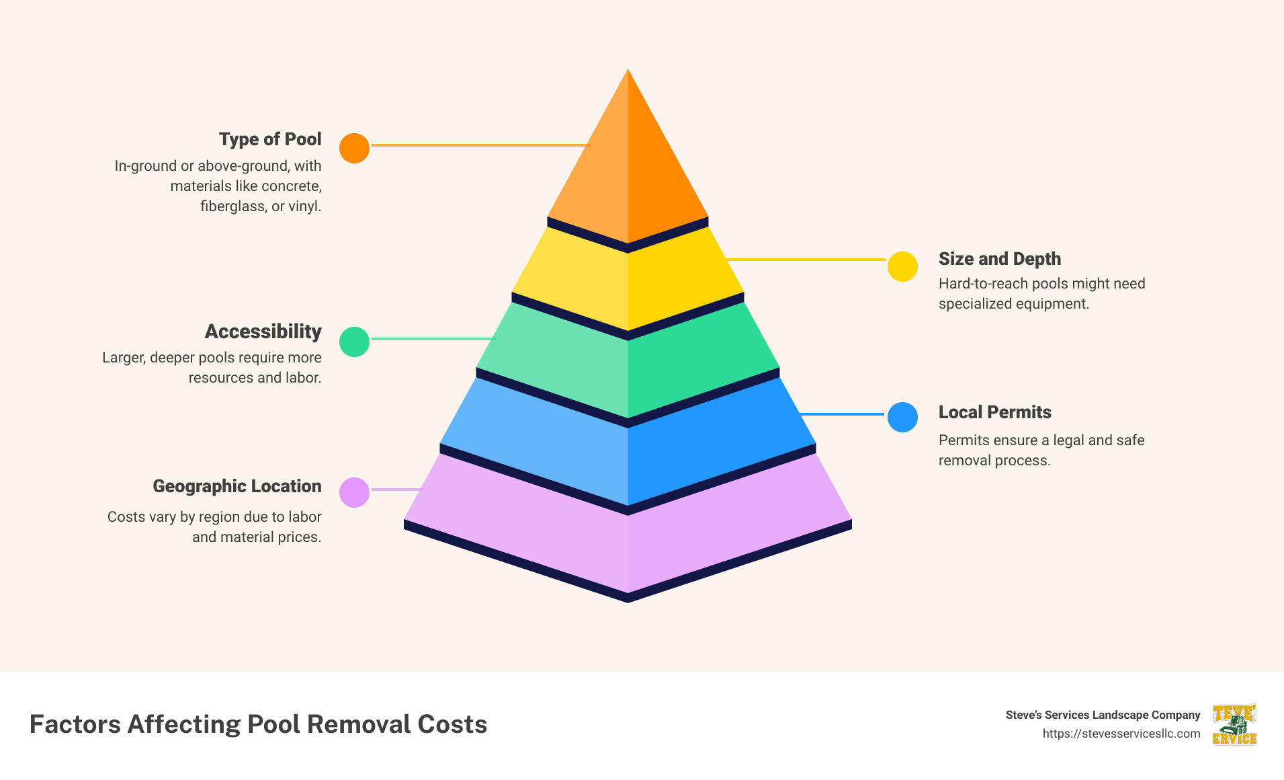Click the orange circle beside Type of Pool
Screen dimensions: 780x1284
pyautogui.click(x=354, y=148)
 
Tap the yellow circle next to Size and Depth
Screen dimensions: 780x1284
pyautogui.click(x=902, y=267)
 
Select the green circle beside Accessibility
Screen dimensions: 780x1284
pyautogui.click(x=354, y=342)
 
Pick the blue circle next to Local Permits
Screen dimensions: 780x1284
pyautogui.click(x=902, y=417)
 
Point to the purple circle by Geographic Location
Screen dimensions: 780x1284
pyautogui.click(x=354, y=492)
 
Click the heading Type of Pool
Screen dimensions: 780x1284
pyautogui.click(x=270, y=139)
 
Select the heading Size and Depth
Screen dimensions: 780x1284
pyautogui.click(x=999, y=259)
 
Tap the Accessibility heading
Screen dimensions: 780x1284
pyautogui.click(x=263, y=331)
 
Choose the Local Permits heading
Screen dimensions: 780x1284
pyautogui.click(x=994, y=412)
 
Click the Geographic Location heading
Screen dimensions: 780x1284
pyautogui.click(x=237, y=486)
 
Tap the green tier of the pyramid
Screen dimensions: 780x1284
pyautogui.click(x=628, y=363)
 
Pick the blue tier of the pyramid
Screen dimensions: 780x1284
pyautogui.click(x=628, y=444)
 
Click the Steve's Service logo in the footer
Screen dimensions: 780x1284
pyautogui.click(x=1234, y=724)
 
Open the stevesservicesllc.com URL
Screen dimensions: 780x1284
pyautogui.click(x=1121, y=734)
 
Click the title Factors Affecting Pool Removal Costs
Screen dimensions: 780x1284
pyautogui.click(x=258, y=724)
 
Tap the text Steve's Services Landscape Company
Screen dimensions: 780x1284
pyautogui.click(x=1103, y=715)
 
